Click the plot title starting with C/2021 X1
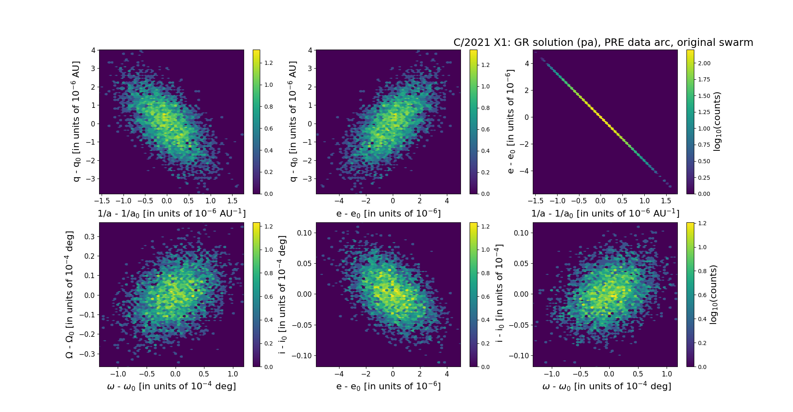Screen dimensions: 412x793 coord(603,43)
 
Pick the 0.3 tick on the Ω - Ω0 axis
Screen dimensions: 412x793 coord(90,236)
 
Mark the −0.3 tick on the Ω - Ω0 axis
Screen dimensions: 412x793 coord(88,354)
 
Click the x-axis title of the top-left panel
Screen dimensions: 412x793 coord(171,213)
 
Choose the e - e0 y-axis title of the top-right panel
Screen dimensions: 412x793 coord(510,121)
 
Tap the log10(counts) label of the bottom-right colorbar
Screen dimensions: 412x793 coord(713,294)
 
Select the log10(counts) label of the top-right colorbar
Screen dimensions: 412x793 coord(717,121)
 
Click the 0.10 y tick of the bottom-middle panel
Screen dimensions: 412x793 coord(304,233)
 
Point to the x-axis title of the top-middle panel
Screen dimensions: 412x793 coord(388,213)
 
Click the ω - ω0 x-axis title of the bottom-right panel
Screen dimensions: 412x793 coord(606,386)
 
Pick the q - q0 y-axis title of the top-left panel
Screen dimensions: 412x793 coord(76,121)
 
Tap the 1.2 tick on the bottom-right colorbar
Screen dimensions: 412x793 coord(702,223)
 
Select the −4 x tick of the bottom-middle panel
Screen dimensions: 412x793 coord(339,374)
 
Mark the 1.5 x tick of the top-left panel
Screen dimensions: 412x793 coord(232,201)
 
